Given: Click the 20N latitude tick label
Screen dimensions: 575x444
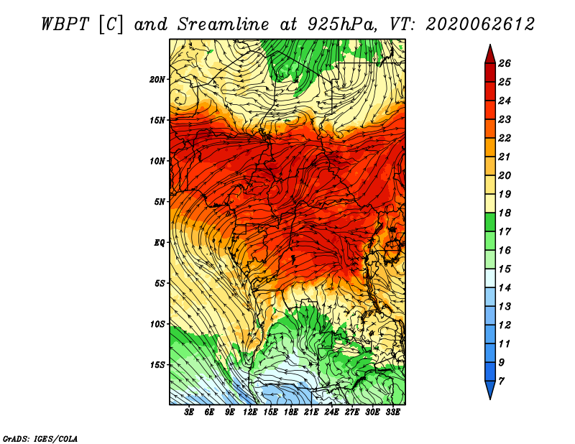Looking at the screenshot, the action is pyautogui.click(x=157, y=80).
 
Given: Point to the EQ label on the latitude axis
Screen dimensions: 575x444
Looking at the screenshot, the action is pyautogui.click(x=159, y=243).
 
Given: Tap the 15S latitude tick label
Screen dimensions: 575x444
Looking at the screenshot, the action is pyautogui.click(x=157, y=365).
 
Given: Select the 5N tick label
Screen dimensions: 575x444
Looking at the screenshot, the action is pyautogui.click(x=160, y=202).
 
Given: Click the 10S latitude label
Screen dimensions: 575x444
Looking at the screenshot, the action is pyautogui.click(x=157, y=325).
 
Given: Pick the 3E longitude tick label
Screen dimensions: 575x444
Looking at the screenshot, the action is pyautogui.click(x=189, y=412).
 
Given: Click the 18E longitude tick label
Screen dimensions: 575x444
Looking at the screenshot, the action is pyautogui.click(x=291, y=412).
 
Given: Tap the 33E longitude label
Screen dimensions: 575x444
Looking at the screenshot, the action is pyautogui.click(x=392, y=412).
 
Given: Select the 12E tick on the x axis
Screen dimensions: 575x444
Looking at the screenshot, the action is pyautogui.click(x=250, y=412).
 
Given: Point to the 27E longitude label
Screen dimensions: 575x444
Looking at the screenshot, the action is pyautogui.click(x=352, y=412).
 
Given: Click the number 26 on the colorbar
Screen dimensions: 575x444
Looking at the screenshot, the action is pyautogui.click(x=505, y=63).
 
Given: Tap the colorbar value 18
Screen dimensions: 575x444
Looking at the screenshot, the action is pyautogui.click(x=505, y=213).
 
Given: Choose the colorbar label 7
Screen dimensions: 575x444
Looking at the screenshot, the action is pyautogui.click(x=501, y=381).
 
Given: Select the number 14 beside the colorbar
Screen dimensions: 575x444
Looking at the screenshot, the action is pyautogui.click(x=505, y=288).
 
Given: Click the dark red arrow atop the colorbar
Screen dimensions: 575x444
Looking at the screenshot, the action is pyautogui.click(x=490, y=55).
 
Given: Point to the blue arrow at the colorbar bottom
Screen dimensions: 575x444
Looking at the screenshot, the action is pyautogui.click(x=490, y=390).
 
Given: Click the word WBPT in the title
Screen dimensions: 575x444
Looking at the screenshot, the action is pyautogui.click(x=65, y=24).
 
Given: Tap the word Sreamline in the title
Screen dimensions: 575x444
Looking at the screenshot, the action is pyautogui.click(x=224, y=24).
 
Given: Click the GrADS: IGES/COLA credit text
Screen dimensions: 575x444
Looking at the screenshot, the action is pyautogui.click(x=40, y=439).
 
